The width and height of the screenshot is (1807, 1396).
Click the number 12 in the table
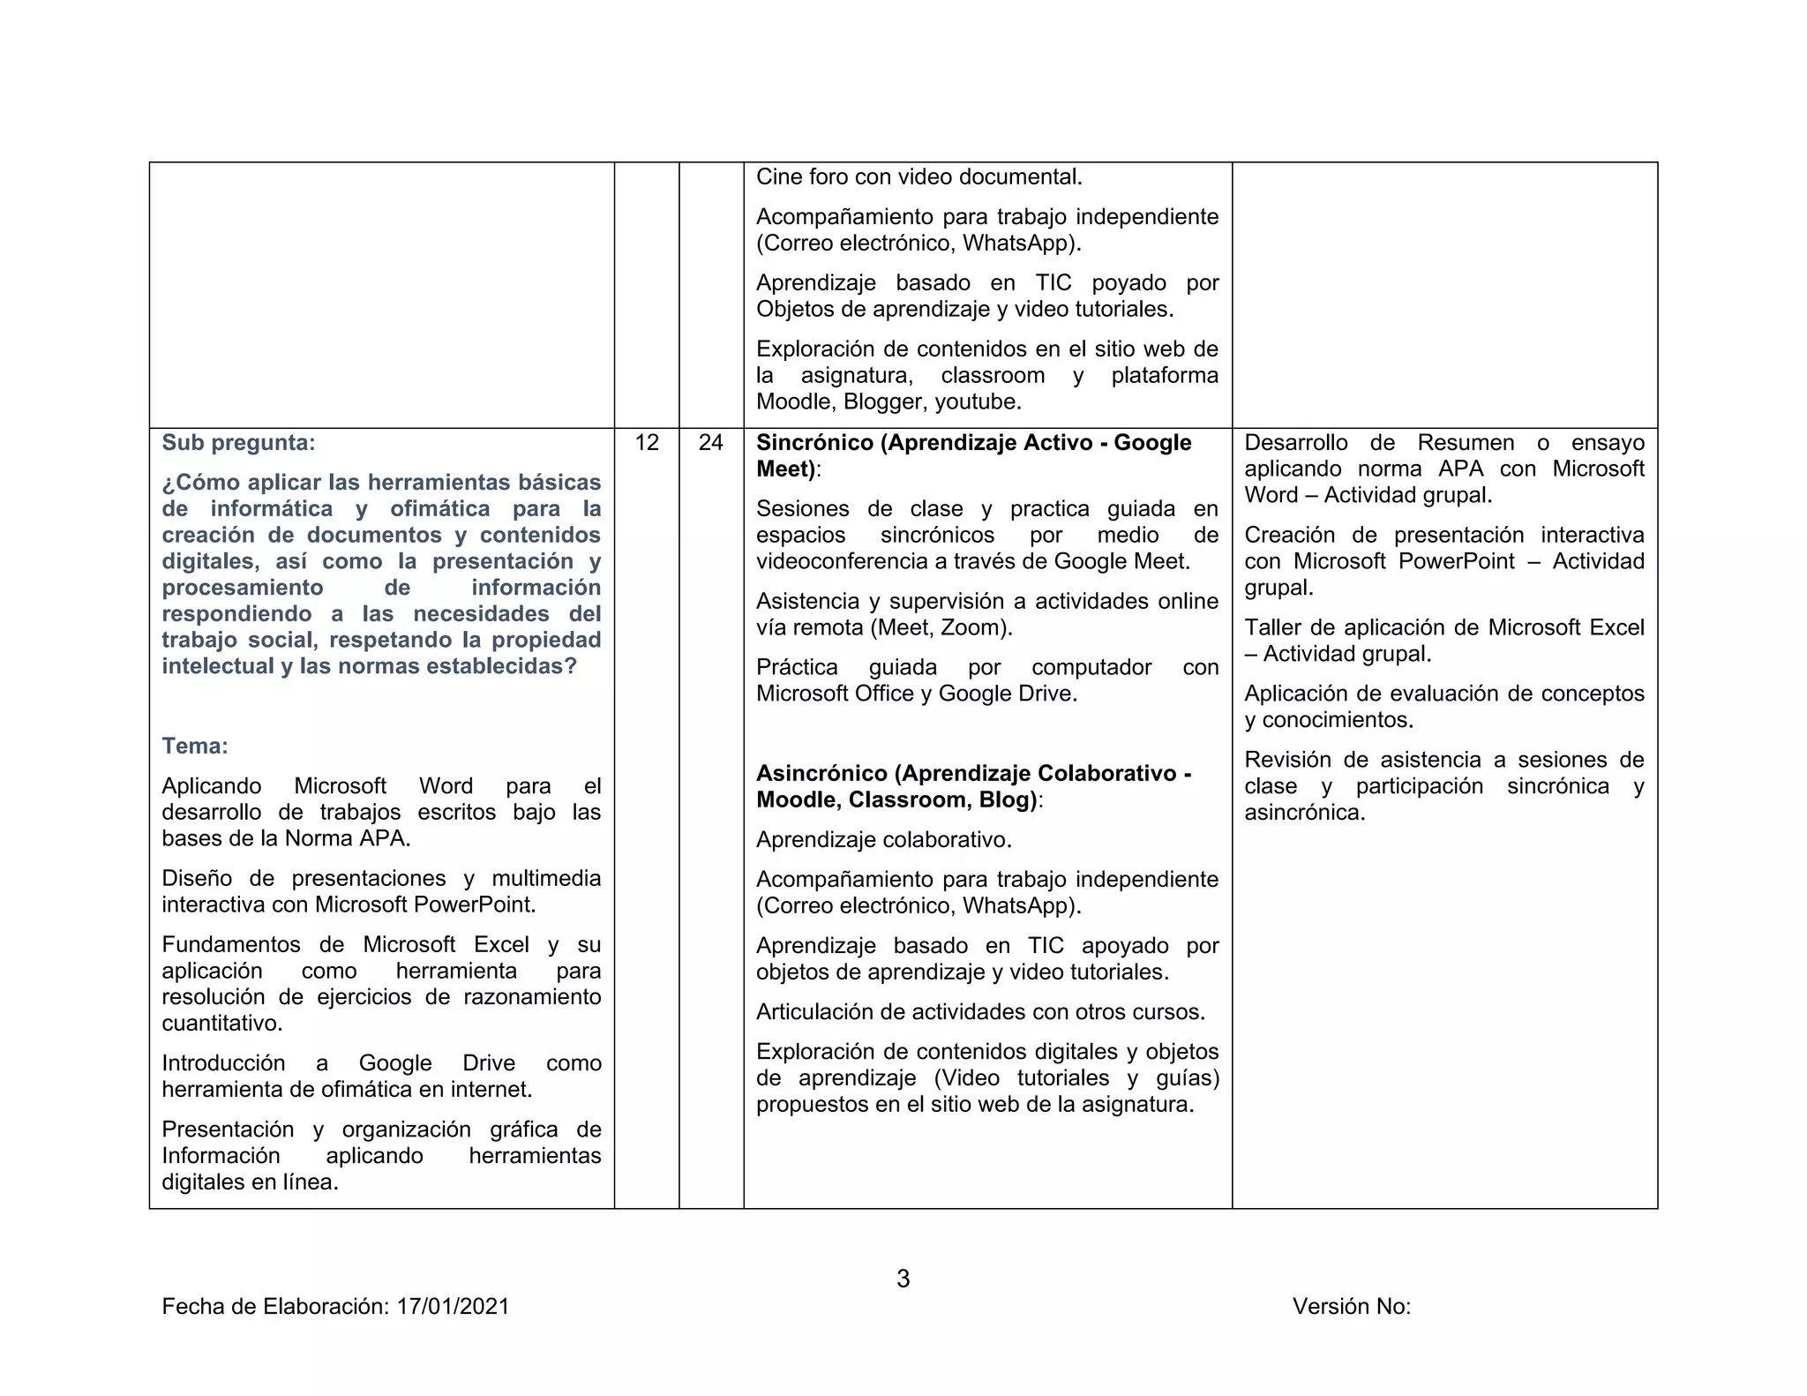[647, 442]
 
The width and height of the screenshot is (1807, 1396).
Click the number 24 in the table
[710, 442]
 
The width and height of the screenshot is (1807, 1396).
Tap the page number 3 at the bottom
[903, 1278]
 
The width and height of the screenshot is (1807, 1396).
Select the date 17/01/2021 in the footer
[453, 1306]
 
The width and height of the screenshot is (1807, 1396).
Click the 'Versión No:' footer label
[1351, 1306]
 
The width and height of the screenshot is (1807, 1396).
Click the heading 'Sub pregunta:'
[238, 442]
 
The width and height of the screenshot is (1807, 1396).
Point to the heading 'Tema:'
[195, 746]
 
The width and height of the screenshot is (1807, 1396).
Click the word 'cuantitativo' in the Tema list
[221, 1024]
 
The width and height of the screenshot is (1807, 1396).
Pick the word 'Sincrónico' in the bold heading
[814, 442]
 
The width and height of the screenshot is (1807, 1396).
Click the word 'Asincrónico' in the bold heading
[821, 773]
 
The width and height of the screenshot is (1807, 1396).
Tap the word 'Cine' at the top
[778, 176]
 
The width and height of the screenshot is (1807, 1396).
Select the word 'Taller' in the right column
[1273, 627]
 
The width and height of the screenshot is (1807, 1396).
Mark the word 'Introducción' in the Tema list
[223, 1063]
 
